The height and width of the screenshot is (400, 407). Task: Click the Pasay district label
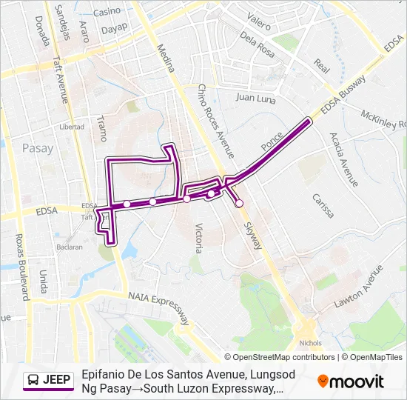tap(38, 148)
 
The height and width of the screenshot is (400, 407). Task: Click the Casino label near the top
tap(107, 11)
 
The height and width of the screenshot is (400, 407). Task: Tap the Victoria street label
tap(198, 238)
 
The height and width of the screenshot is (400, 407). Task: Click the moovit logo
tap(350, 381)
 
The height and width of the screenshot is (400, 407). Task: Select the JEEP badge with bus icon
tap(49, 380)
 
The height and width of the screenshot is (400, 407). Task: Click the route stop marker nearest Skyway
tap(239, 203)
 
